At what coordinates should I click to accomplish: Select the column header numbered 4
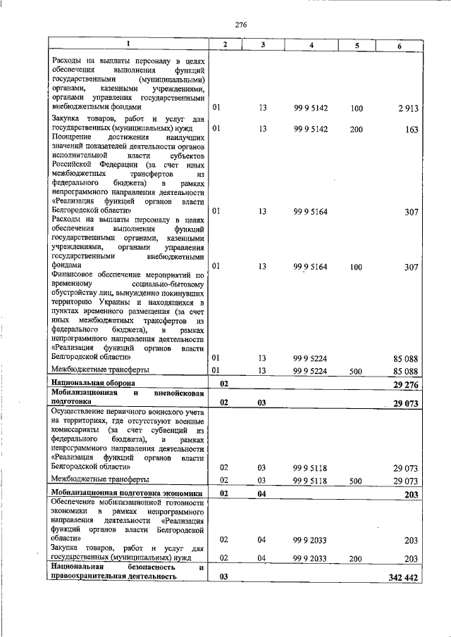(311, 45)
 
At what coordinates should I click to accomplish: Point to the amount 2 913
(407, 108)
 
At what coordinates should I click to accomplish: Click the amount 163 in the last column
(412, 129)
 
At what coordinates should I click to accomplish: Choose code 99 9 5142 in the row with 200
(311, 129)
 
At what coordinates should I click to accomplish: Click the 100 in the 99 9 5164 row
(356, 266)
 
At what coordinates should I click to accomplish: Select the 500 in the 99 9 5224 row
(356, 370)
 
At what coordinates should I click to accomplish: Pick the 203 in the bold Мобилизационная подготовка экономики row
(412, 494)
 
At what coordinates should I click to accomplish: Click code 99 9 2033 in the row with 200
(311, 557)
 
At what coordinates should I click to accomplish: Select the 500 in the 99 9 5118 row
(356, 479)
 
